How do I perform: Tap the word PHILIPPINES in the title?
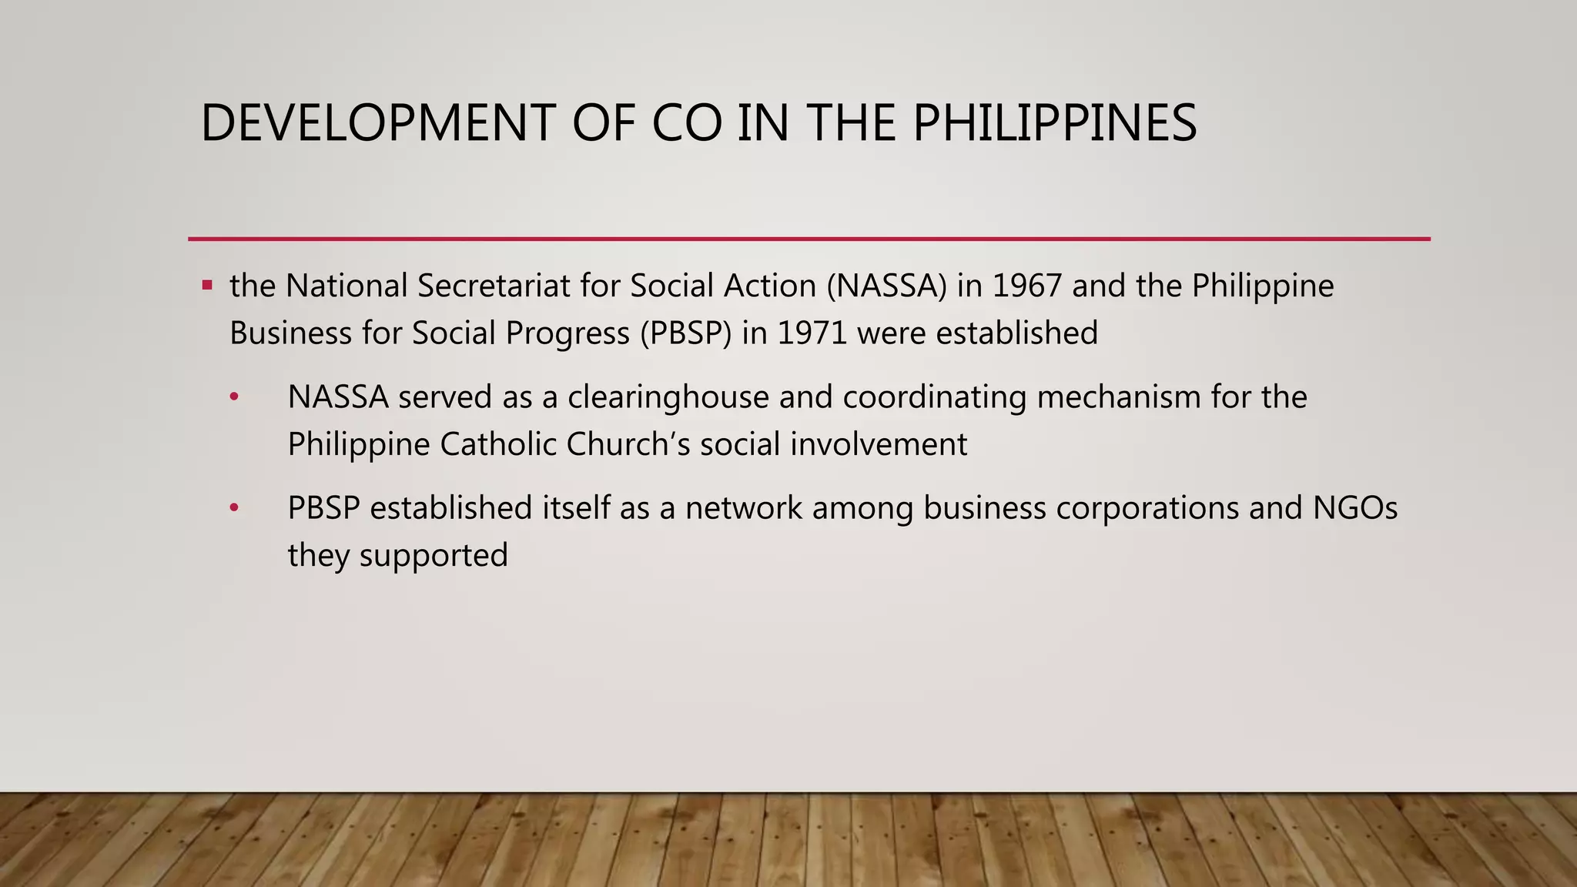1055,123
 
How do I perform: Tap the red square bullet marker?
207,286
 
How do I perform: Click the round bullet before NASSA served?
235,398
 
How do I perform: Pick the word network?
744,508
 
